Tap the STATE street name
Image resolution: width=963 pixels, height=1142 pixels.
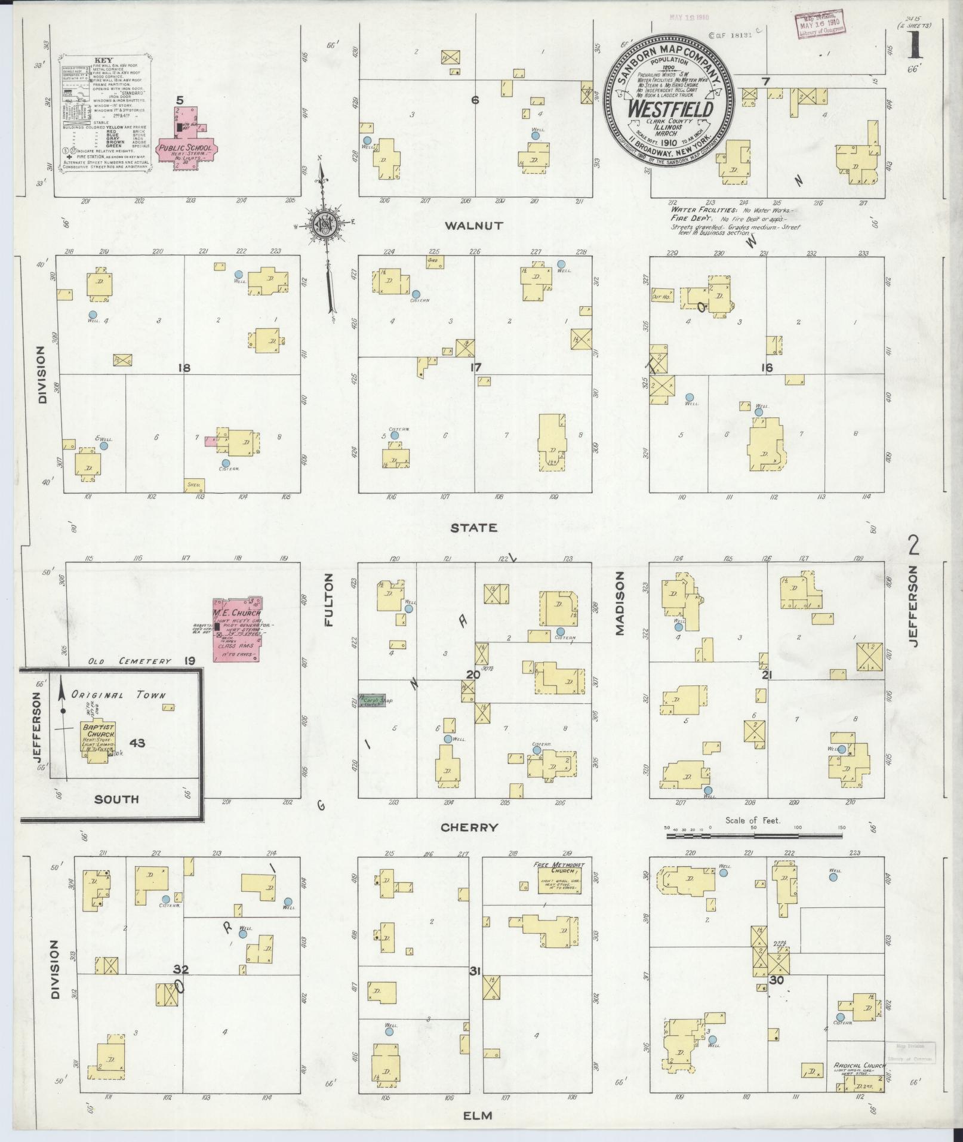(x=482, y=528)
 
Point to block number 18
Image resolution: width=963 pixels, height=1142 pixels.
(x=183, y=368)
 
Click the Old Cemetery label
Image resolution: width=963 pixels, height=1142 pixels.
(x=130, y=661)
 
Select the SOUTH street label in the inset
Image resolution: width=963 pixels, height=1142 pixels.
(x=116, y=799)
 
